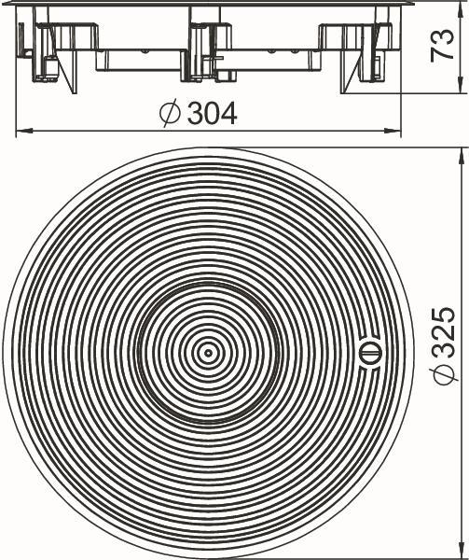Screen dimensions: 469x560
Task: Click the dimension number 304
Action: click(213, 114)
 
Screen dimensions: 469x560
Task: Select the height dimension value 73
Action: click(442, 46)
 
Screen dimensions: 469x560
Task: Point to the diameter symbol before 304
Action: click(170, 114)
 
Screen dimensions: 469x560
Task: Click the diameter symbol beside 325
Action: click(443, 375)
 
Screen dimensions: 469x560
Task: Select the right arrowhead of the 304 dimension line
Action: click(393, 131)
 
